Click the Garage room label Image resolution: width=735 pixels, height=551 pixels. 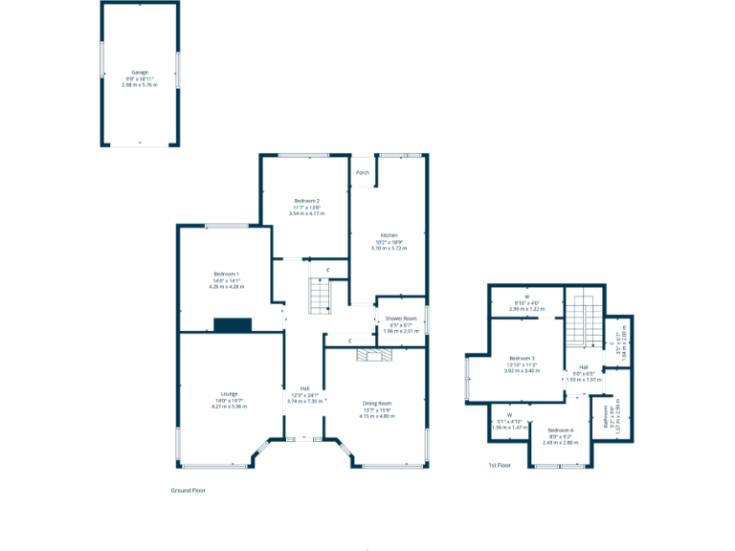point(140,72)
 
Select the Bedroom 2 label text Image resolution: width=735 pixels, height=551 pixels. point(306,200)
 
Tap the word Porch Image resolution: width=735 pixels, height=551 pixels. point(363,173)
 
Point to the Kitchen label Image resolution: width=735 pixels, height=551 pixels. point(390,234)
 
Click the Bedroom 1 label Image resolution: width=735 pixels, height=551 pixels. point(227,274)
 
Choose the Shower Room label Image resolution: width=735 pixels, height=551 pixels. point(401,319)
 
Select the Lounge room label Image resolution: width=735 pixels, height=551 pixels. point(228,393)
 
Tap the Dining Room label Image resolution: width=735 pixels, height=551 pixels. point(377,403)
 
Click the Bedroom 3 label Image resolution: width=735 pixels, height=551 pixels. point(522,358)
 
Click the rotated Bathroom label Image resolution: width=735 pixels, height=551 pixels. point(607,416)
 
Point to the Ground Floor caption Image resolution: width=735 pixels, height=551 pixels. point(189,490)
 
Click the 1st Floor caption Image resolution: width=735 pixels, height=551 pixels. point(500,466)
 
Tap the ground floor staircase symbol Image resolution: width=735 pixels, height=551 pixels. point(318,296)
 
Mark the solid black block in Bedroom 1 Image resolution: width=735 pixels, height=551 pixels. point(233,325)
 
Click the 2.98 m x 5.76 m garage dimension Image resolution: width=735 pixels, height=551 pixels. point(140,85)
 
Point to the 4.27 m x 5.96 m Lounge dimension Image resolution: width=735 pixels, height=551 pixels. point(228,407)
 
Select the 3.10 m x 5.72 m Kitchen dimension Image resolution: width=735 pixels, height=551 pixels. point(390,248)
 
